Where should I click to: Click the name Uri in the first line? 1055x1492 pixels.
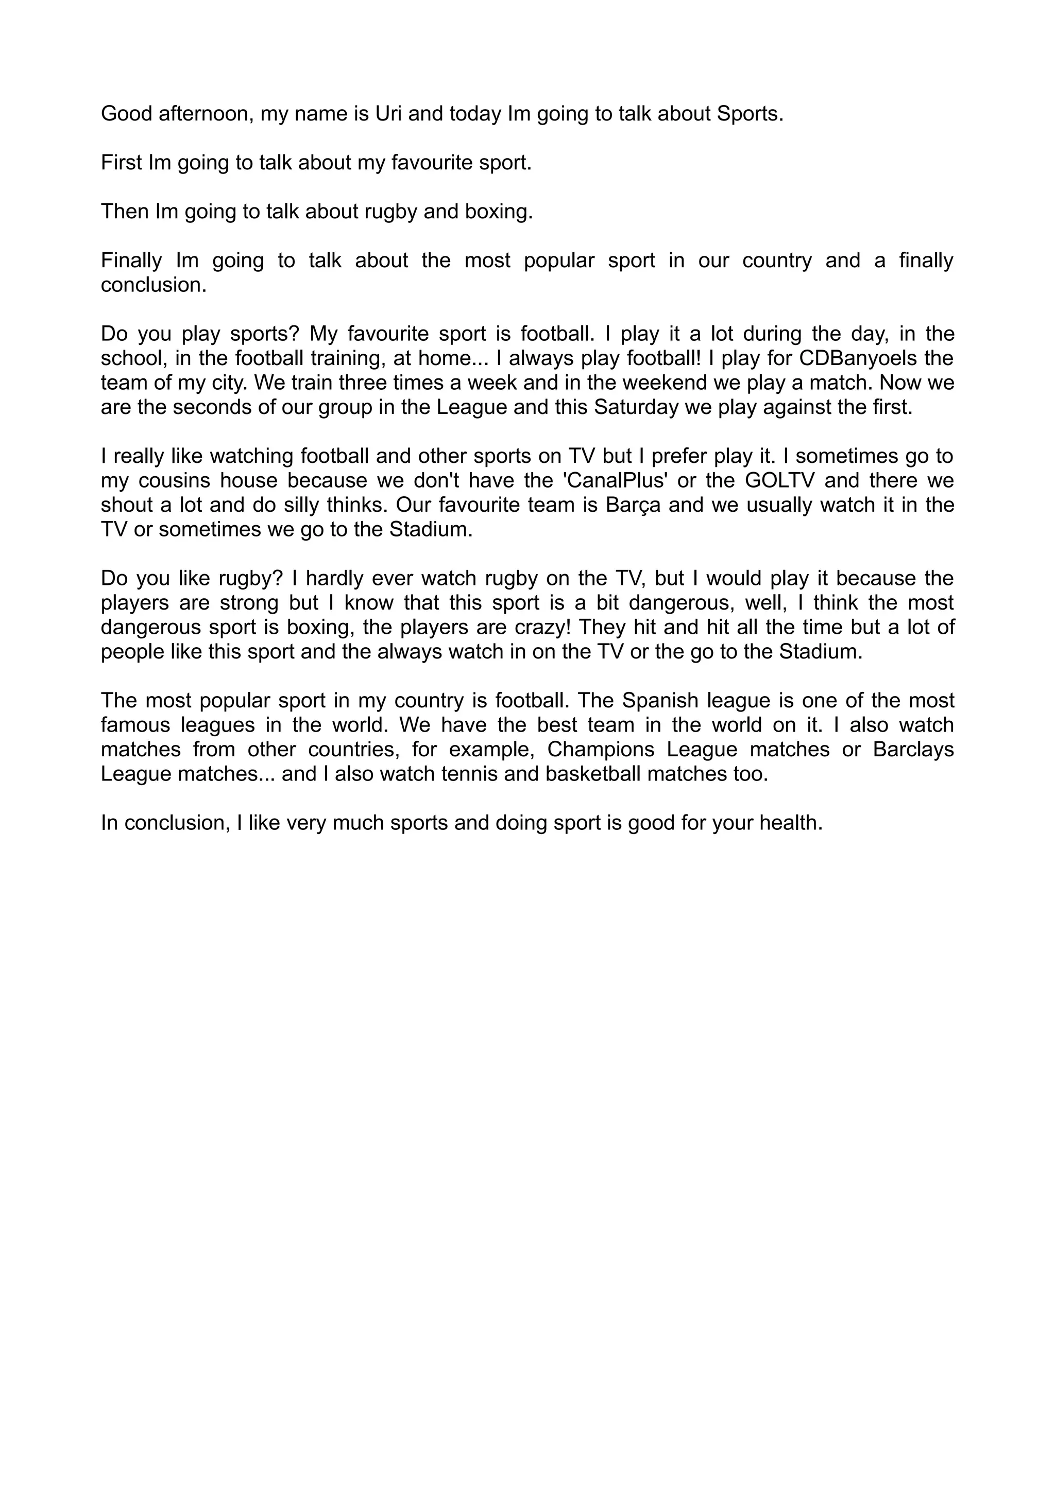click(x=388, y=114)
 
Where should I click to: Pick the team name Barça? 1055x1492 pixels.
click(x=633, y=505)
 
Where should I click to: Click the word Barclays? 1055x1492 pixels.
click(x=913, y=749)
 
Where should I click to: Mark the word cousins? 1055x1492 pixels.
click(x=173, y=481)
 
